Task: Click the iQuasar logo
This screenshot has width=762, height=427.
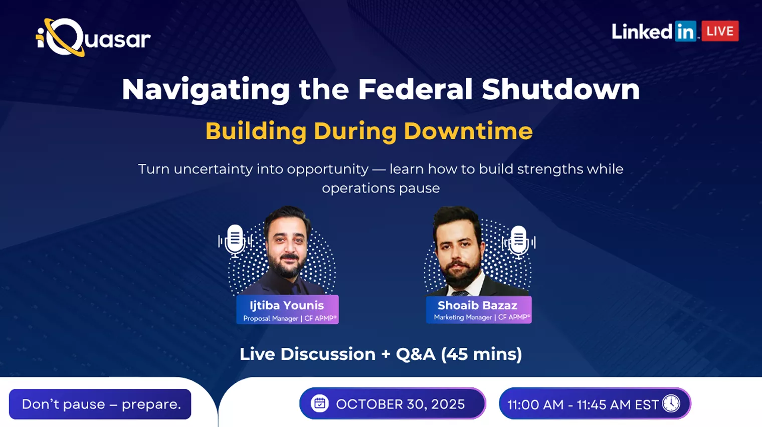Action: (93, 38)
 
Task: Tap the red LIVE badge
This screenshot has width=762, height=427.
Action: (720, 31)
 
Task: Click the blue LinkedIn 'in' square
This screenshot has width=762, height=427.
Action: (685, 31)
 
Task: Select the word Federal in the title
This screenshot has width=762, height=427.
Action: (416, 89)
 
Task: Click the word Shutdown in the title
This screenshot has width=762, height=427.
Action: (560, 89)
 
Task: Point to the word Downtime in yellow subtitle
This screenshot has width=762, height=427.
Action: (468, 131)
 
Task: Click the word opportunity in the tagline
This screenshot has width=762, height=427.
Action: (327, 169)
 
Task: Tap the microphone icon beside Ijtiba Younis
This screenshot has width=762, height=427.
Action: (235, 241)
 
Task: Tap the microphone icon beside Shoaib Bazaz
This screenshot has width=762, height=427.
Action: (518, 242)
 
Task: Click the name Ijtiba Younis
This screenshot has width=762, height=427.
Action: (287, 305)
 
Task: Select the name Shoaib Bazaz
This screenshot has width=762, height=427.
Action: (477, 305)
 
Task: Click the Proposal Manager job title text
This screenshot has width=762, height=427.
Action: (270, 319)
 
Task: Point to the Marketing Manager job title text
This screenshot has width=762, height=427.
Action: (463, 317)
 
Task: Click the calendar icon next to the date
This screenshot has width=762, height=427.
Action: (319, 403)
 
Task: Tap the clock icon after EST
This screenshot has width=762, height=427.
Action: (671, 403)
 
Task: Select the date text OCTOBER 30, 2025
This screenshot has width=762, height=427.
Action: (401, 404)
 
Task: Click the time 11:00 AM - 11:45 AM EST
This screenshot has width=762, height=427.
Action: (583, 404)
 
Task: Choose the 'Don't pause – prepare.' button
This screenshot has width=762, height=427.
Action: (100, 404)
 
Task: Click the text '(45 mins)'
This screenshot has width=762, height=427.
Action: (481, 354)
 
